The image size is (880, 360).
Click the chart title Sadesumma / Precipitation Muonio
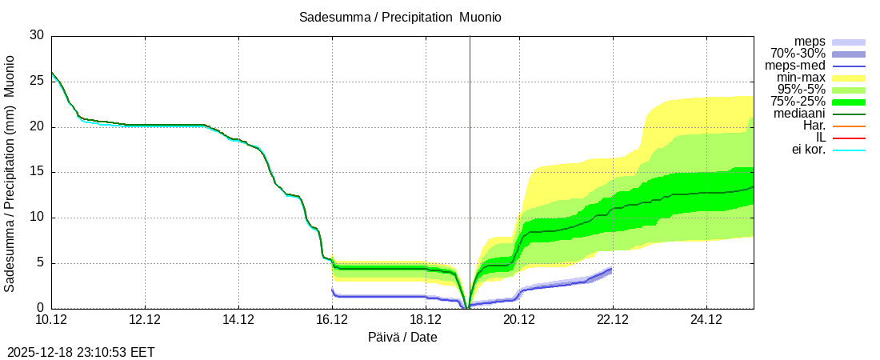coord(400,17)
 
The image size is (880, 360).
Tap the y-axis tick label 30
coord(37,35)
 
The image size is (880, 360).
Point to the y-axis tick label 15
coord(37,172)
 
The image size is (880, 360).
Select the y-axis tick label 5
coord(40,262)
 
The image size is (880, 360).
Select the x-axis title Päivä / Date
coord(402,337)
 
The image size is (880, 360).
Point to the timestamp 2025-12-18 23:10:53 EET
coord(81,352)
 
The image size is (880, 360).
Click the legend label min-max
coord(801,78)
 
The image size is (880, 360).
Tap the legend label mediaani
coord(798,114)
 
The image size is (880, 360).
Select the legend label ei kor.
coord(808,150)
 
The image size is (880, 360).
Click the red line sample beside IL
coord(849,138)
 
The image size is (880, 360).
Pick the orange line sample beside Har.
coord(849,126)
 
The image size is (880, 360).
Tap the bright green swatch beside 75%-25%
coord(849,102)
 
